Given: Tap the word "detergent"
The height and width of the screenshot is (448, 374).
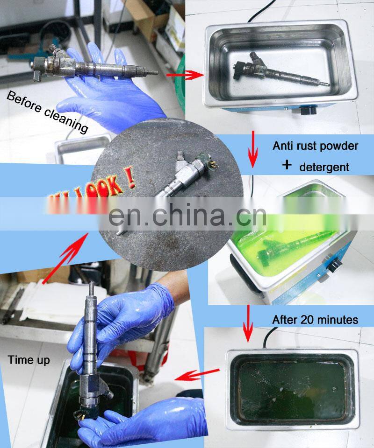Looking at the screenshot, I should tap(324, 167).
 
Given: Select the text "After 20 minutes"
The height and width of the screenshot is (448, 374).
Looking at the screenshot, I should tap(315, 320).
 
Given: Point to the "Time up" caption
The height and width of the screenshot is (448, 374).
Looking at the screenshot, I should tap(28, 360).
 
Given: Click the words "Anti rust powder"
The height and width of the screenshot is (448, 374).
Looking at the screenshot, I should tap(315, 146).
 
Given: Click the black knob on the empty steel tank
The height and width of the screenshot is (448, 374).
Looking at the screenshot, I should tap(306, 112).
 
